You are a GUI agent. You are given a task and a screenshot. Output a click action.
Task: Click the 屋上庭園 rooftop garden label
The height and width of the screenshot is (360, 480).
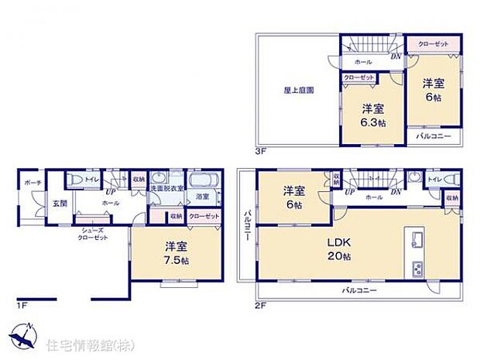(x=299, y=91)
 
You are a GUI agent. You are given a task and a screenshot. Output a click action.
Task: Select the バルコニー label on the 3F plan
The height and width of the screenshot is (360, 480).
(x=430, y=136)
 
